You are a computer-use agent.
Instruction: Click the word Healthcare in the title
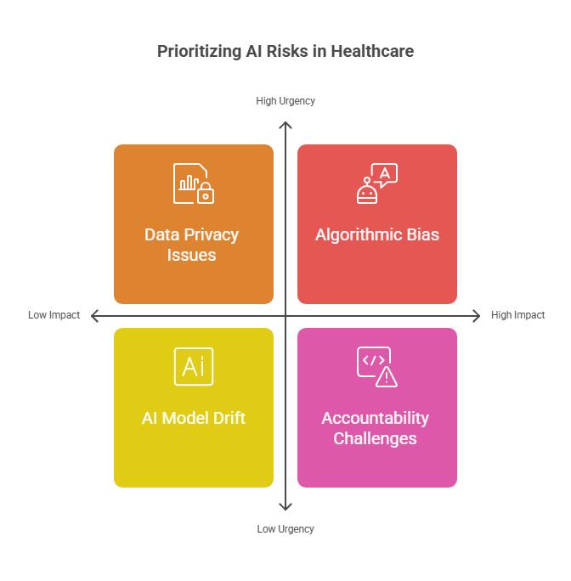coord(372,51)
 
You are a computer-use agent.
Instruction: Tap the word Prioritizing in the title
coord(199,52)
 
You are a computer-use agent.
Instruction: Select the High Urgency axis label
coord(285,101)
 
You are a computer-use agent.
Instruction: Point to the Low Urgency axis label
coord(285,528)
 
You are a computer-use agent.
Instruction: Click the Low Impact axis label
coord(54,315)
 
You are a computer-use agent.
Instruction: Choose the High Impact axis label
coord(517,315)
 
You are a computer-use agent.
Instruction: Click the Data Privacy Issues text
coord(192,245)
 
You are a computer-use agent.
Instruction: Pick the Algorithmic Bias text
coord(377,235)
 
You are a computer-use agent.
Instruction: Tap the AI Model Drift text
coord(194,418)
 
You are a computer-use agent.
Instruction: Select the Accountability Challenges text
coord(376,428)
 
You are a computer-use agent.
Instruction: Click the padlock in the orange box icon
coord(206,193)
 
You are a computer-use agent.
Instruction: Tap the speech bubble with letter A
coord(385,174)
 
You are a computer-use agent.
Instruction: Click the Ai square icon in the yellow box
coord(194,367)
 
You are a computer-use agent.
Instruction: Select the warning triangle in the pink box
coord(387,377)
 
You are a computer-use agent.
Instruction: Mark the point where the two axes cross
coord(285,316)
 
